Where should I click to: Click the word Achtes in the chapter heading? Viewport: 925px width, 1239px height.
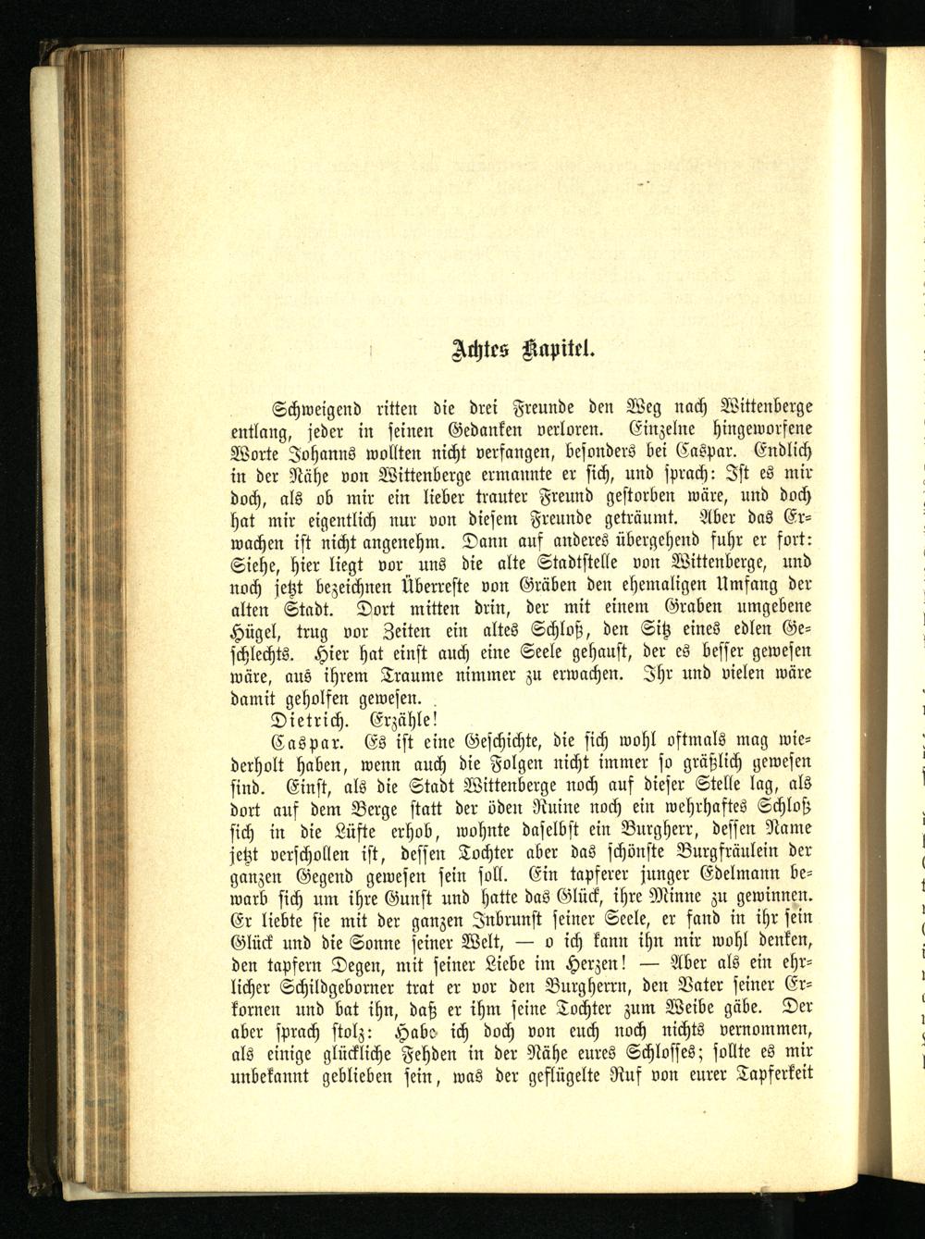click(478, 349)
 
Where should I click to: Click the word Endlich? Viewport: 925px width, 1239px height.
click(783, 455)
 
